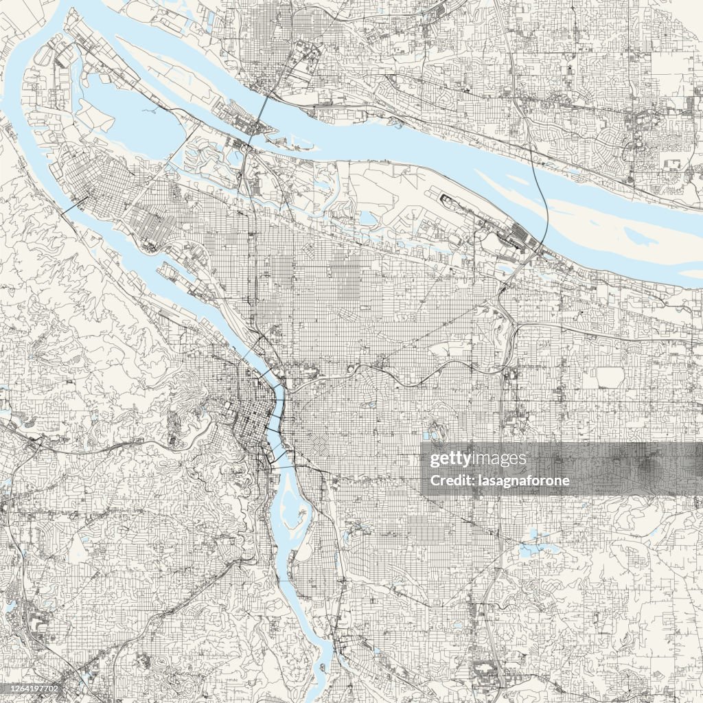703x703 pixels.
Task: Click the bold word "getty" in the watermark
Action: [x=449, y=459]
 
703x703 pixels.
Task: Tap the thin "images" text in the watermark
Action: [x=498, y=459]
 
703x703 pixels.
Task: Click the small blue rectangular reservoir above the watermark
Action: [x=434, y=434]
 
